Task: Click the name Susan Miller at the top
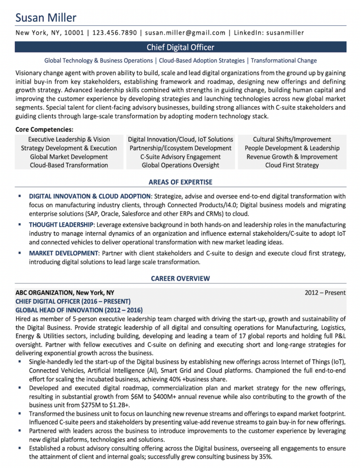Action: click(x=46, y=18)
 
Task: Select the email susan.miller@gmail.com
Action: click(x=185, y=32)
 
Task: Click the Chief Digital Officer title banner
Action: click(x=180, y=47)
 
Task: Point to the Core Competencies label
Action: click(x=44, y=129)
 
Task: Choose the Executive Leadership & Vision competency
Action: click(x=69, y=139)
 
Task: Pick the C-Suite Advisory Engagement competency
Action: click(x=180, y=156)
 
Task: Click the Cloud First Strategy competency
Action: click(x=292, y=165)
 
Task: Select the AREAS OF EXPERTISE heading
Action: click(x=180, y=182)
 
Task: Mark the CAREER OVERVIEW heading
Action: click(x=180, y=279)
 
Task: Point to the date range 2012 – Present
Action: click(x=325, y=293)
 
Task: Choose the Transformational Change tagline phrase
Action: click(x=284, y=61)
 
